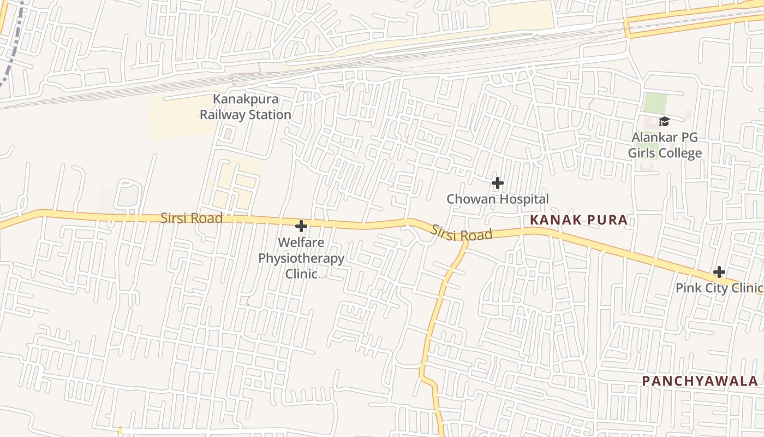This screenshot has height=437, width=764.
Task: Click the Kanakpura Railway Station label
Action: pos(245,107)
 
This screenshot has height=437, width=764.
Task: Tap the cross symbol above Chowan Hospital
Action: pos(497,183)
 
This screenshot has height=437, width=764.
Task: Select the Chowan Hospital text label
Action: pos(497,199)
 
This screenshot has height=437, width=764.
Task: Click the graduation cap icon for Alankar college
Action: pos(664,121)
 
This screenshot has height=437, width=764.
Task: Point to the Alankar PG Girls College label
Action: pos(664,145)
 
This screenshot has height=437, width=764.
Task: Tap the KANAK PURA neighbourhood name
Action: pos(578,220)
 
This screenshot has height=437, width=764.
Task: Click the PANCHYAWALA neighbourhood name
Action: pos(700,381)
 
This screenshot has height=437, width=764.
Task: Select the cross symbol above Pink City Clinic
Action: pos(719,272)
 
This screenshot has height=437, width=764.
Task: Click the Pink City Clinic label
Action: pos(718,288)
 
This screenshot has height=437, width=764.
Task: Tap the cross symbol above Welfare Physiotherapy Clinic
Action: pos(301,226)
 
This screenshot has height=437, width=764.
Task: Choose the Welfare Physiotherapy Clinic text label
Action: pos(301,258)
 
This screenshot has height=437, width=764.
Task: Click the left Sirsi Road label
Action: pos(192,218)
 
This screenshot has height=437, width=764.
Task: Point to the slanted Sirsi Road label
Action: pos(461,233)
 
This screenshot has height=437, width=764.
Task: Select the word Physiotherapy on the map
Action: pos(301,258)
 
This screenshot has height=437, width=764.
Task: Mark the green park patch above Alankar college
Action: pos(655,103)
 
